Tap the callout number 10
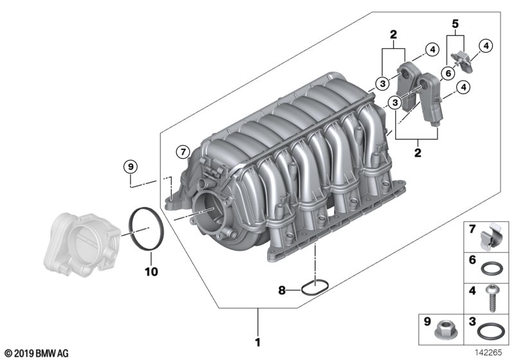point(150,272)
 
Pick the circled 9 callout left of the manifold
point(130,166)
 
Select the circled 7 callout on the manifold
point(182,152)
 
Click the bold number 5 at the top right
point(456,25)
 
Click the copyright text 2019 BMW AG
point(35,353)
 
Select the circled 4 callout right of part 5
point(487,46)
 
